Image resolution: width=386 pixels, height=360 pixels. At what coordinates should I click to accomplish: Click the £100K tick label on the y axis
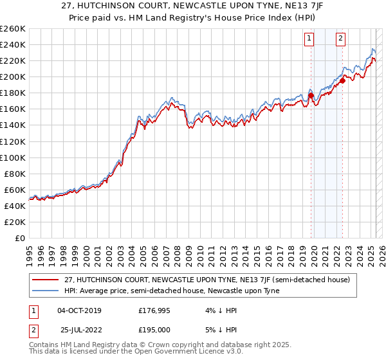click(13, 157)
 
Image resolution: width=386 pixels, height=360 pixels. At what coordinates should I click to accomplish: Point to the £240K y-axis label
click(13, 44)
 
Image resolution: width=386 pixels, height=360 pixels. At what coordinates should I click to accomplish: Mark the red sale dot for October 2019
click(311, 96)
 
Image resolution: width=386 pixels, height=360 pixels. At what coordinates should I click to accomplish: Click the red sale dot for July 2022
click(343, 81)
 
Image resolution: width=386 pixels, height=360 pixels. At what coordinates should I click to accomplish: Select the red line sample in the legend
click(46, 280)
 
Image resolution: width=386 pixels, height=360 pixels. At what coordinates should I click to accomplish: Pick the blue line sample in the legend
click(46, 290)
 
